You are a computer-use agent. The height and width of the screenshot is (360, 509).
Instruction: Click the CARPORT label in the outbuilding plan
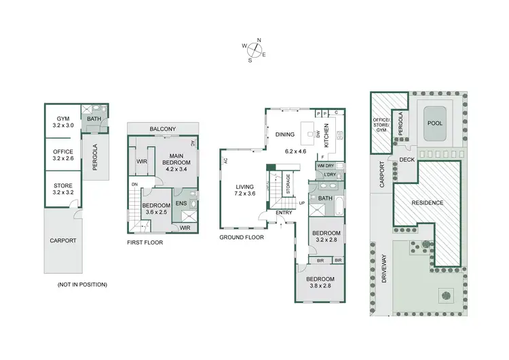pos(62,240)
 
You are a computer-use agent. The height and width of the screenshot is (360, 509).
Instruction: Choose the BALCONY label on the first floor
pos(163,129)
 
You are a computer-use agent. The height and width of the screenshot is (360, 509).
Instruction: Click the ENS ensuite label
pos(181,203)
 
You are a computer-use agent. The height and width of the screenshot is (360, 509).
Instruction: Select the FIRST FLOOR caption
pos(145,242)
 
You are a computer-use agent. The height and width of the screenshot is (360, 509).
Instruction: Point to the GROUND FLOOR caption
pos(242,238)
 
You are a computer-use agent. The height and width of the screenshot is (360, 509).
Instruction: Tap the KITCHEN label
pos(326,135)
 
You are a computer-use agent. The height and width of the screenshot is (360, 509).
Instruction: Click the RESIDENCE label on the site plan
pos(428,202)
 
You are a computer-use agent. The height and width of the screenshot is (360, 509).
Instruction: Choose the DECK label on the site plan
pos(407,160)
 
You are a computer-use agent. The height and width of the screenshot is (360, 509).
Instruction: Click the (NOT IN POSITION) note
pos(82,284)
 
